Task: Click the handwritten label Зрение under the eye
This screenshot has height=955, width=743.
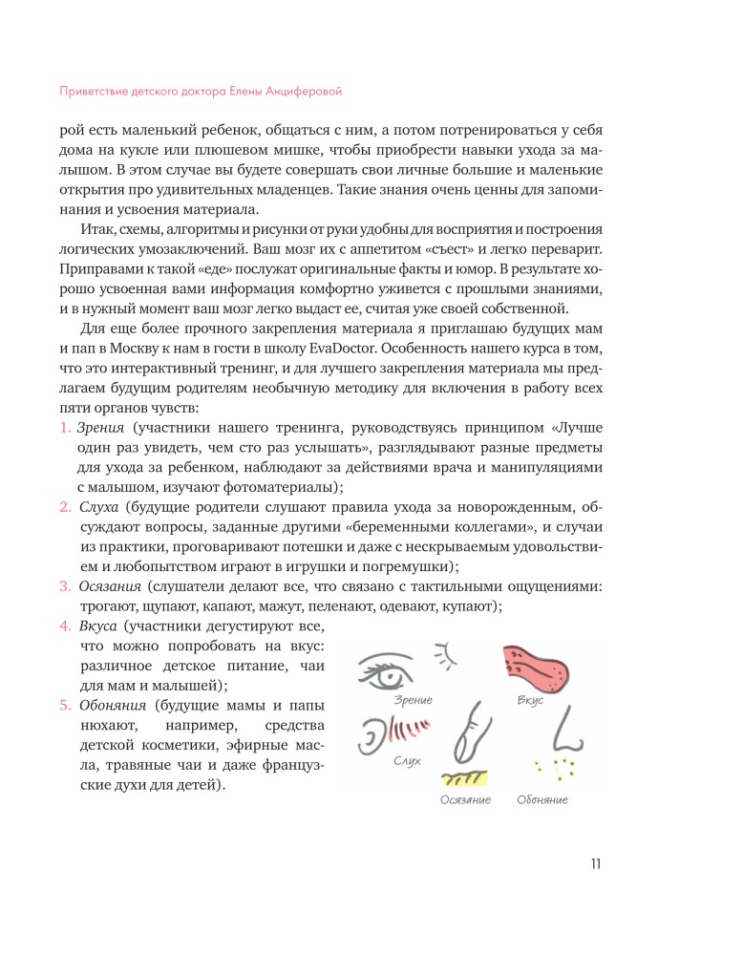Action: coord(413,700)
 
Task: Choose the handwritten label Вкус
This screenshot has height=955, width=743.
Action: coord(529,701)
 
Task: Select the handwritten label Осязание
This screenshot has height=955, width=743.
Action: coord(465,799)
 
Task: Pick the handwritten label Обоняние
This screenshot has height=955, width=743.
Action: coord(541,799)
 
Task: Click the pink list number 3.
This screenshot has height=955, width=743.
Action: coord(54,585)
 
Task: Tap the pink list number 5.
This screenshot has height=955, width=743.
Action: coord(54,707)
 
